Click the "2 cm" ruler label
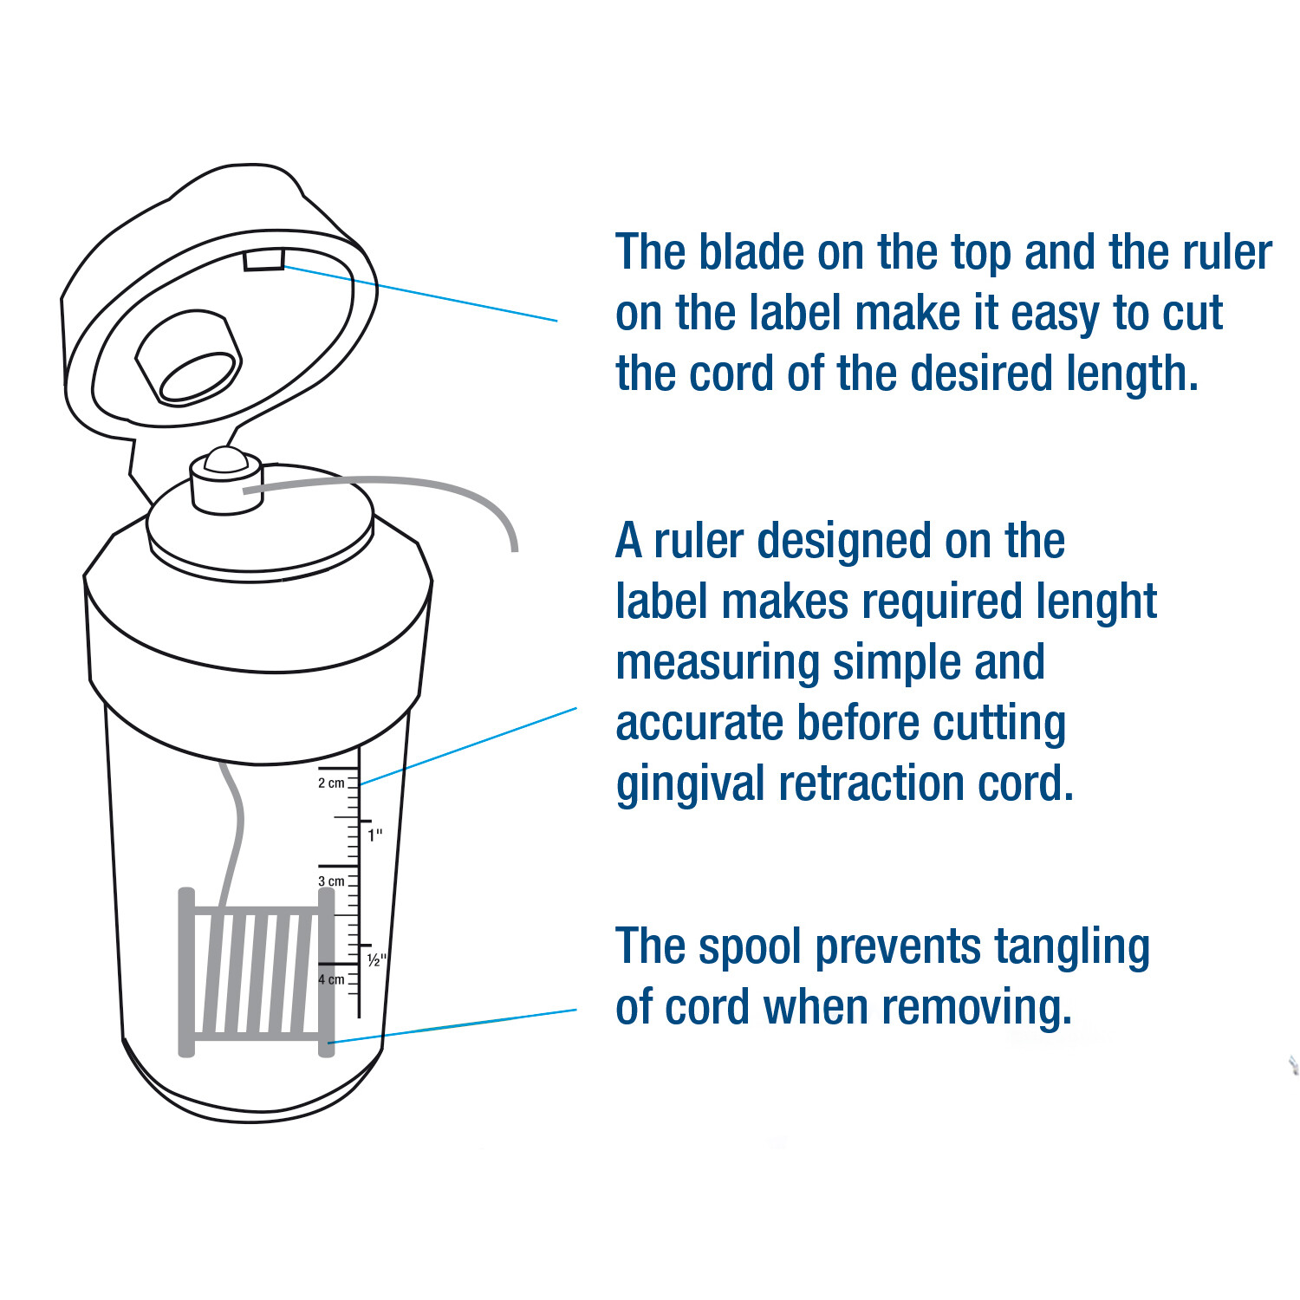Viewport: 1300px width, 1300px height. pos(331,783)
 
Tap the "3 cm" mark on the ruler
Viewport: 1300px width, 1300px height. pos(331,881)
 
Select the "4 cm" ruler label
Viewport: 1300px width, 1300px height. pos(331,979)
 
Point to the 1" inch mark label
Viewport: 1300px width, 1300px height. pos(374,835)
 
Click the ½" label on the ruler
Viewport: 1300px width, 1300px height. pos(376,960)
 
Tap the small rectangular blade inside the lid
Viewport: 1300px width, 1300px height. pos(263,259)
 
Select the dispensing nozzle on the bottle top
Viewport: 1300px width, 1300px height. pos(226,481)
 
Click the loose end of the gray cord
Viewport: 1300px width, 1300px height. pos(515,548)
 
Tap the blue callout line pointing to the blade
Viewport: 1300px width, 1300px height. pos(420,294)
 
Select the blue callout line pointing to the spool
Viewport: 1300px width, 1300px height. pos(452,1026)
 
